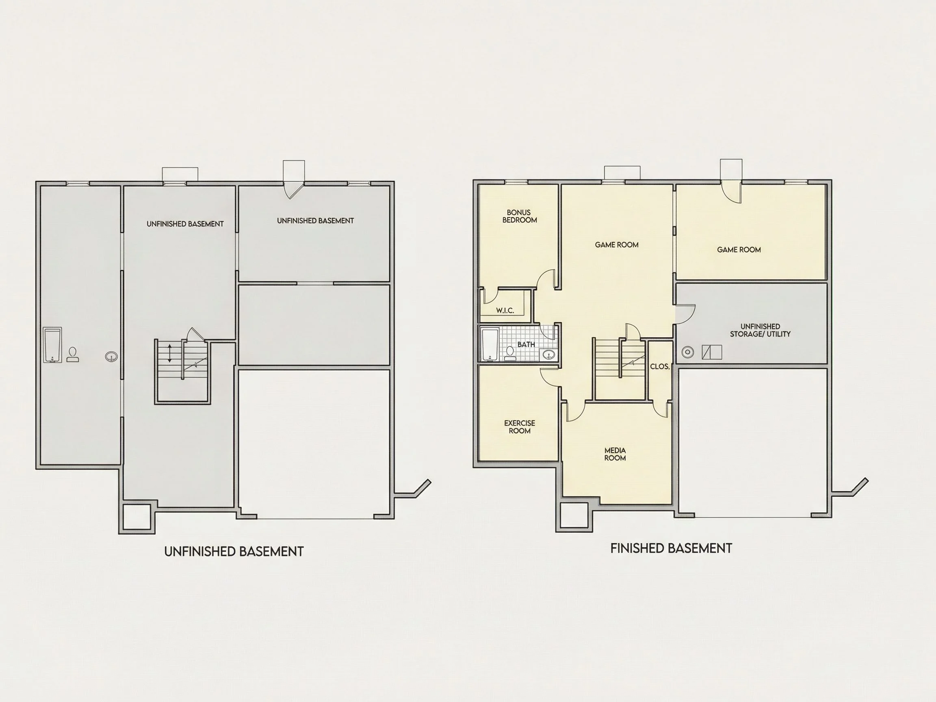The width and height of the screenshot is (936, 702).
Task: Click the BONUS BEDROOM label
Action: (519, 216)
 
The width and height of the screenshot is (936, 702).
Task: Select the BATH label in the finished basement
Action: (526, 344)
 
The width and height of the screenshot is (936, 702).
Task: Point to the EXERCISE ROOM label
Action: (520, 427)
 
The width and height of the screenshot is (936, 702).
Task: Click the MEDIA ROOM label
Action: (615, 454)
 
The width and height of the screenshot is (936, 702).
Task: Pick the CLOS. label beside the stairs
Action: (660, 366)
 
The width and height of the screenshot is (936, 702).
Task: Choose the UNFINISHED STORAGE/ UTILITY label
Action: (760, 330)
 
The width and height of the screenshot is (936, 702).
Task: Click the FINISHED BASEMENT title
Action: (671, 548)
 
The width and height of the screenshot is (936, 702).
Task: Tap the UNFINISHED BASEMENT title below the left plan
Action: (234, 551)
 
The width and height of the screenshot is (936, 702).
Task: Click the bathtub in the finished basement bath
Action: (490, 344)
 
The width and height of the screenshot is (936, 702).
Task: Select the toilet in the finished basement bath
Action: (510, 353)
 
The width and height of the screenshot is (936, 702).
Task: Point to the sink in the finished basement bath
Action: (549, 355)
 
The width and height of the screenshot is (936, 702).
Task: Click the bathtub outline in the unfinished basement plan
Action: (52, 345)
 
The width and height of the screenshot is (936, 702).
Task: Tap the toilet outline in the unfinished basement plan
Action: (73, 355)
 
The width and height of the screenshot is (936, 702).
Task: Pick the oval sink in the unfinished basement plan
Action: (111, 357)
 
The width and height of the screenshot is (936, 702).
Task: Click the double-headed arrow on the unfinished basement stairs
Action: (170, 353)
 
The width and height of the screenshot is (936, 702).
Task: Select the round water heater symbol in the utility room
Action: (688, 352)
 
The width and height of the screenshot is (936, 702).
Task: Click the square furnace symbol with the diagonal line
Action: (712, 352)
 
